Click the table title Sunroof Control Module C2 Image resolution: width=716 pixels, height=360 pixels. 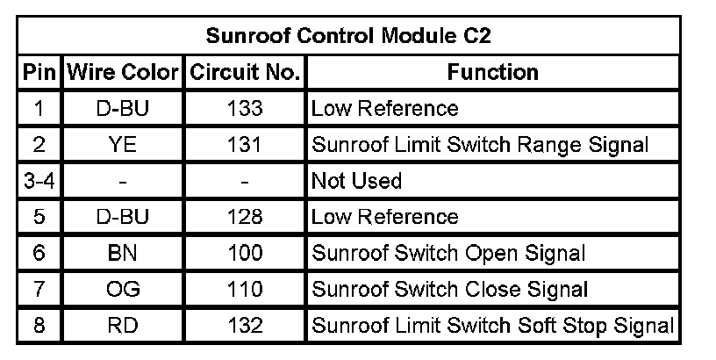tap(348, 36)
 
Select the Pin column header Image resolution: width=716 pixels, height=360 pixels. tap(39, 72)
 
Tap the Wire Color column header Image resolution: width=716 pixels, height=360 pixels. tap(122, 72)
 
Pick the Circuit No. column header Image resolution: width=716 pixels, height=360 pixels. tap(245, 72)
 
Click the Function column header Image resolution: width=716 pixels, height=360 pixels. tap(493, 72)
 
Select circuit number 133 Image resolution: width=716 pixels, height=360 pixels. tap(245, 108)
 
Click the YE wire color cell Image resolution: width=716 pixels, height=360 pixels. tap(122, 144)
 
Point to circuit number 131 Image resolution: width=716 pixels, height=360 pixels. tap(245, 144)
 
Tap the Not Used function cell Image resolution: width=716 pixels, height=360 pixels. tap(356, 181)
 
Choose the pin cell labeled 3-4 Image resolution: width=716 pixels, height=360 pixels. tap(39, 181)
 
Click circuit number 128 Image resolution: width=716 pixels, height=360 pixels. tap(245, 217)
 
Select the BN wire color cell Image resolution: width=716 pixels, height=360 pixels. tap(122, 253)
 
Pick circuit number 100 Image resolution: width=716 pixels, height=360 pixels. tap(245, 253)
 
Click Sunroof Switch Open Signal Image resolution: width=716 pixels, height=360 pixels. tap(448, 254)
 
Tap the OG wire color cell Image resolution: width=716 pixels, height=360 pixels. tap(122, 289)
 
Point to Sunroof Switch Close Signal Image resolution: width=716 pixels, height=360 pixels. tap(449, 289)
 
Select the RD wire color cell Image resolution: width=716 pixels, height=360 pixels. tap(122, 325)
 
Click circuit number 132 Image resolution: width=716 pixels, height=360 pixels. tap(245, 325)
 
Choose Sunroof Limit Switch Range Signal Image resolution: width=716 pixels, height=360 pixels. tap(480, 145)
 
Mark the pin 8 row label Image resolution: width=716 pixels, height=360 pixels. tap(39, 325)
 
